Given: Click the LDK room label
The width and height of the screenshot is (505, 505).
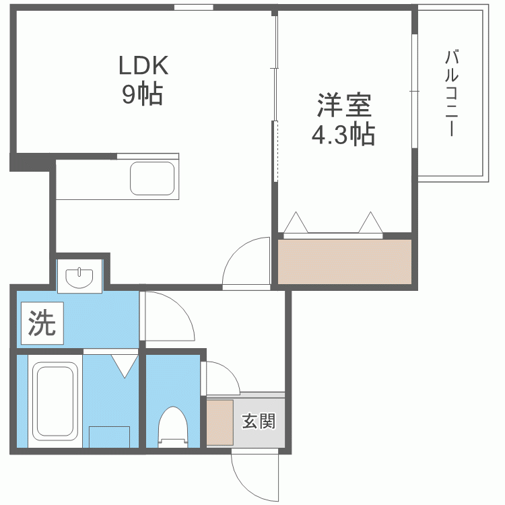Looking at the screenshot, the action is click(143, 65).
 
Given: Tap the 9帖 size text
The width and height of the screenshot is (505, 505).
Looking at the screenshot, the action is click(142, 94).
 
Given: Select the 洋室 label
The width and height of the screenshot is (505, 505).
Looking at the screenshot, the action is click(344, 105).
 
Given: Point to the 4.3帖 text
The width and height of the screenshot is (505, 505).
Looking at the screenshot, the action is click(343, 134).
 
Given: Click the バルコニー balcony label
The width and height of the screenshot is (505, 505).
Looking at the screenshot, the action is click(452, 93).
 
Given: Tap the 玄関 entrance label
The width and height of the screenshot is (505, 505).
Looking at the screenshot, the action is click(259, 421).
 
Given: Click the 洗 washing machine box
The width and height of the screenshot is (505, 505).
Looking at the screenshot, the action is click(42, 323).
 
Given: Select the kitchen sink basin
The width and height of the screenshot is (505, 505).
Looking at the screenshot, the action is click(152, 178).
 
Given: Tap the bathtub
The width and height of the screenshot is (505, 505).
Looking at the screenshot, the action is click(55, 401).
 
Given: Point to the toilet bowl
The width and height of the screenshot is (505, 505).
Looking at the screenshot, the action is click(173, 426).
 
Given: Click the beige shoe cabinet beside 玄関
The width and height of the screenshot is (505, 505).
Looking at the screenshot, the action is click(220, 423).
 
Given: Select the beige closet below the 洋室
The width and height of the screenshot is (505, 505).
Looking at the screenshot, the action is click(345, 262).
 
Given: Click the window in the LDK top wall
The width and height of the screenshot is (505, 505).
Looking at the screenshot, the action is click(193, 7).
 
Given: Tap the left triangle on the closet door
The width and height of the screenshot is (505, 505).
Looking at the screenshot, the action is click(296, 222).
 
